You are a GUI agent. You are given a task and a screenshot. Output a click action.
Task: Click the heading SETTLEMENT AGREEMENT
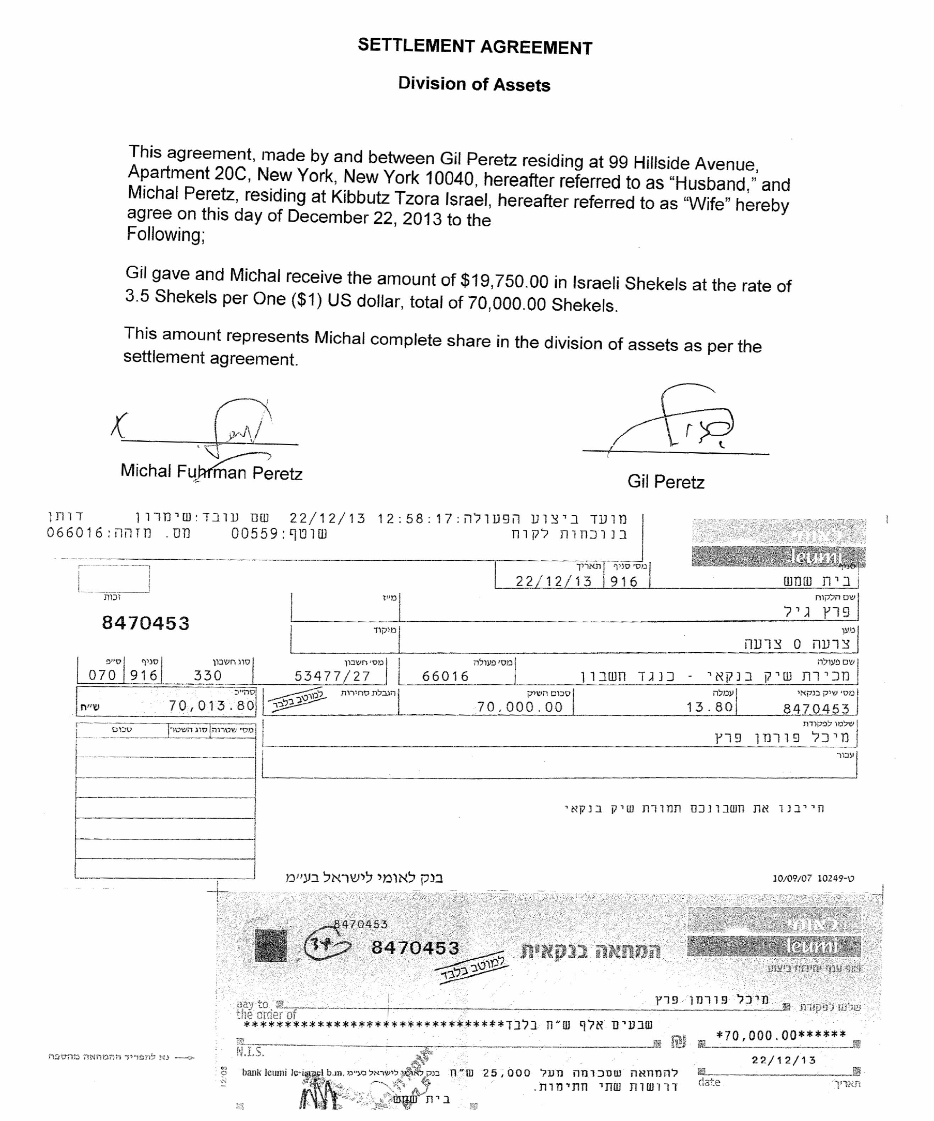coord(474,47)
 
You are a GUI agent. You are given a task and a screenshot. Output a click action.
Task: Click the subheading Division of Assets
coord(474,84)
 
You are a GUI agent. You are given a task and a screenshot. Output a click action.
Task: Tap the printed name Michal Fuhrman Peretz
coord(211,472)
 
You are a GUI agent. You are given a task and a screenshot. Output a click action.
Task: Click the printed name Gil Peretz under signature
coord(666,482)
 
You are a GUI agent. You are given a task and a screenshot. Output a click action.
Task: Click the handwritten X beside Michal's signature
coord(118,425)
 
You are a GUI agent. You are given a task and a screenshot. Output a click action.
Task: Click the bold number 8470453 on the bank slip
coord(146,623)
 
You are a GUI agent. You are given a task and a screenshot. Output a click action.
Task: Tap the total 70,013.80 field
coord(211,705)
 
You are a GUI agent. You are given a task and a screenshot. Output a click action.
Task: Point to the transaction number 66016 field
coord(445,677)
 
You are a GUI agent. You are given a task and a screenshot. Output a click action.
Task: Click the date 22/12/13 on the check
coord(784,1060)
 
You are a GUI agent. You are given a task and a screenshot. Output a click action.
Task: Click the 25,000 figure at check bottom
coord(507,1073)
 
